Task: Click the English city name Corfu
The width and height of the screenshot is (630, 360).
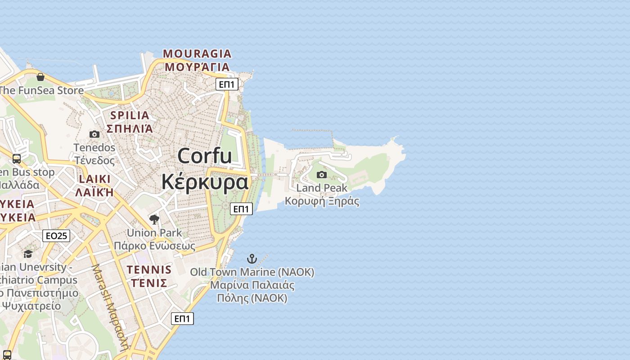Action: pyautogui.click(x=205, y=156)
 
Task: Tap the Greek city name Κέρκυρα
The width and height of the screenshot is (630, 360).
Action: pyautogui.click(x=205, y=182)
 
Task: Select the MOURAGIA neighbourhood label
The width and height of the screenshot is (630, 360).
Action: pyautogui.click(x=197, y=54)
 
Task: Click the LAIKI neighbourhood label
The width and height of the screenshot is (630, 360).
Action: pyautogui.click(x=94, y=179)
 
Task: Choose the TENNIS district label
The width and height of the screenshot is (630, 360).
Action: pyautogui.click(x=149, y=270)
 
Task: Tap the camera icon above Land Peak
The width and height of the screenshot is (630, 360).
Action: pyautogui.click(x=322, y=175)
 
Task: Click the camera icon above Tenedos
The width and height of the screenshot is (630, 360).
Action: pyautogui.click(x=94, y=134)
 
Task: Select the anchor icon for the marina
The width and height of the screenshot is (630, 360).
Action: pyautogui.click(x=252, y=259)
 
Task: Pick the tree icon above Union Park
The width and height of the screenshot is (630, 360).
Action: pyautogui.click(x=154, y=220)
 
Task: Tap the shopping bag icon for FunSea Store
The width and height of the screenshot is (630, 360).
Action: pyautogui.click(x=40, y=77)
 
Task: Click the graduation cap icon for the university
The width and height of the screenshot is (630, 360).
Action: pyautogui.click(x=28, y=254)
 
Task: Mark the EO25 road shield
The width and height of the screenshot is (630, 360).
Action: pyautogui.click(x=56, y=235)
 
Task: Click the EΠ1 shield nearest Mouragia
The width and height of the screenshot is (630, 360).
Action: pyautogui.click(x=227, y=84)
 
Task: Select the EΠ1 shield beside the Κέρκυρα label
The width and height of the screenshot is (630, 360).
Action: pyautogui.click(x=242, y=209)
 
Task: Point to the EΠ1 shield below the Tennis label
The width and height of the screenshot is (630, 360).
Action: pyautogui.click(x=182, y=319)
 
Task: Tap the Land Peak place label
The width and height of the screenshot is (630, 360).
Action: pyautogui.click(x=322, y=188)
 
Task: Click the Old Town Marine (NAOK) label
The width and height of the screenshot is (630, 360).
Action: pyautogui.click(x=252, y=272)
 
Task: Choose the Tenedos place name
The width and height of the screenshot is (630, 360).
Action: pyautogui.click(x=94, y=148)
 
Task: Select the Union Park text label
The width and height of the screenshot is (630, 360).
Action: pyautogui.click(x=154, y=233)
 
